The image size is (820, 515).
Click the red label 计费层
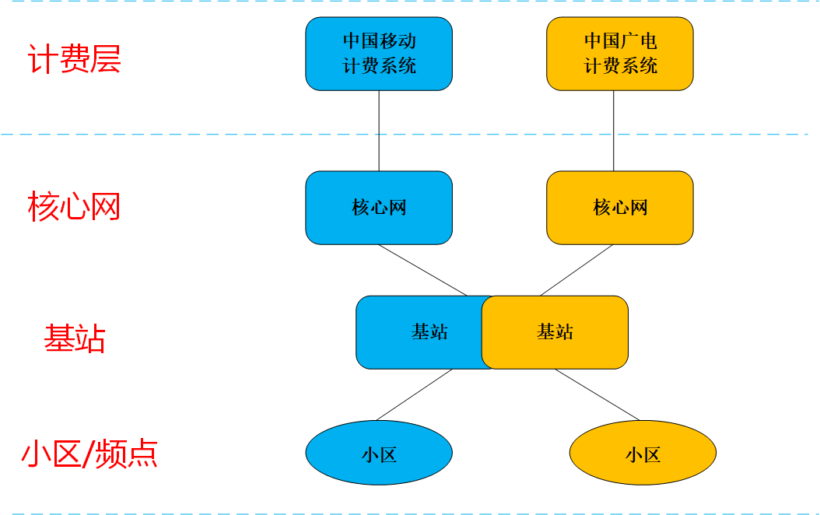click(75, 60)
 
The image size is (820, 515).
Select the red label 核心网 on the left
click(75, 207)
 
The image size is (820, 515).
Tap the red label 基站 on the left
click(75, 338)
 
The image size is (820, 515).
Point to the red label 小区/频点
click(89, 453)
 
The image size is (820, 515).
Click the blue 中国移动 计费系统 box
click(379, 54)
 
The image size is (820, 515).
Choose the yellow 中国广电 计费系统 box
click(620, 54)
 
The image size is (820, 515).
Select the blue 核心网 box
click(379, 208)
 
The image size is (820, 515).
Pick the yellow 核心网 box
click(620, 208)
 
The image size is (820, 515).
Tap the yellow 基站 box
click(555, 332)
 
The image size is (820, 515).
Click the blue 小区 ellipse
click(379, 453)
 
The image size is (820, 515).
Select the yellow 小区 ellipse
click(643, 453)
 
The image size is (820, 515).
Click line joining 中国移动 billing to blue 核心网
click(379, 131)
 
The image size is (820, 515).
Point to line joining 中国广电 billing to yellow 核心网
click(613, 131)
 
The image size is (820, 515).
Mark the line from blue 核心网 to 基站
click(422, 270)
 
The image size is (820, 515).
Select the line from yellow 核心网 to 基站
click(576, 270)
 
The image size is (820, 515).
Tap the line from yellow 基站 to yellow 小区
click(597, 394)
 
